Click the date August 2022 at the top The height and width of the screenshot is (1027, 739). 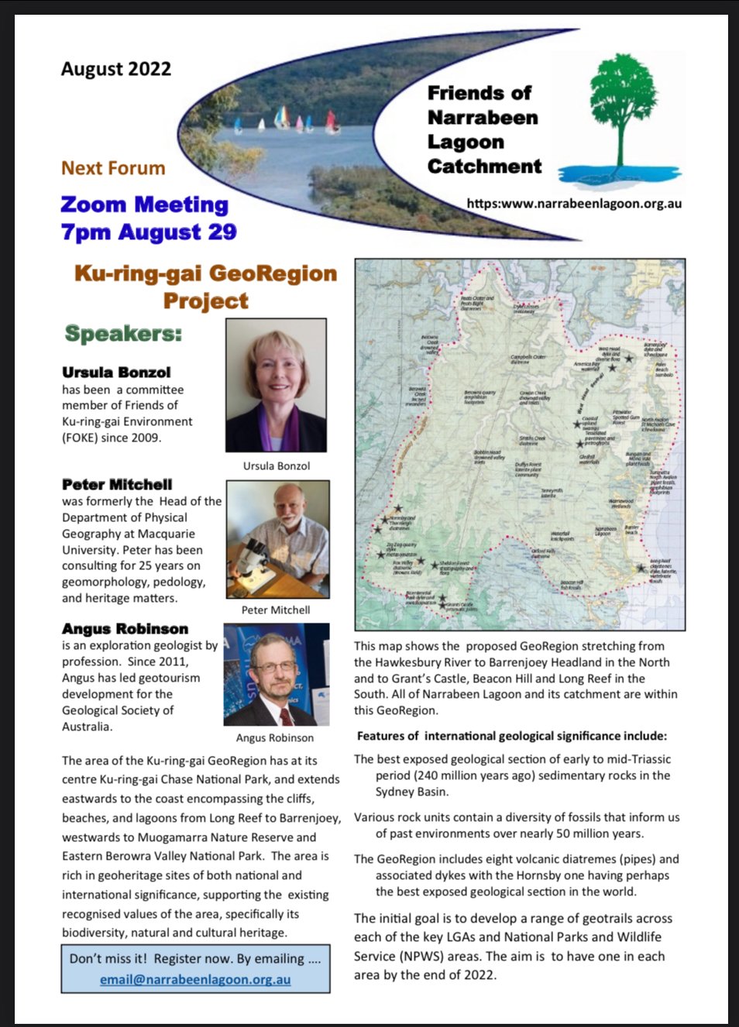pyautogui.click(x=116, y=69)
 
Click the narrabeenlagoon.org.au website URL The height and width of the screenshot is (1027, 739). pyautogui.click(x=574, y=204)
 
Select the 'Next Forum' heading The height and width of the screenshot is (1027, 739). pyautogui.click(x=113, y=168)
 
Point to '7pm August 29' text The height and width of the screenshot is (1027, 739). pyautogui.click(x=149, y=232)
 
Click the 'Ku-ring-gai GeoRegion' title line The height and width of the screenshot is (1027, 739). pyautogui.click(x=205, y=273)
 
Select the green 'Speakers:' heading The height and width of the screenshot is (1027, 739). pyautogui.click(x=123, y=334)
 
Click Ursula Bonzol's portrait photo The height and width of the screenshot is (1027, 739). pyautogui.click(x=276, y=385)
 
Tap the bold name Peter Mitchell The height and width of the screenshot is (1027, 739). pyautogui.click(x=117, y=485)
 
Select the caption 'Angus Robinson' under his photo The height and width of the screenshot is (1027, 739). pyautogui.click(x=275, y=738)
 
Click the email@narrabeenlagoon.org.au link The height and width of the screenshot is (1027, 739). pyautogui.click(x=195, y=979)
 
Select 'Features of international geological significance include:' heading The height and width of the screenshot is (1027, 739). pyautogui.click(x=511, y=736)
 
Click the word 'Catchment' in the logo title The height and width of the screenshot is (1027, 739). pyautogui.click(x=484, y=167)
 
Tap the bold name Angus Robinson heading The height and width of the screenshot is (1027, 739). pyautogui.click(x=125, y=629)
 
